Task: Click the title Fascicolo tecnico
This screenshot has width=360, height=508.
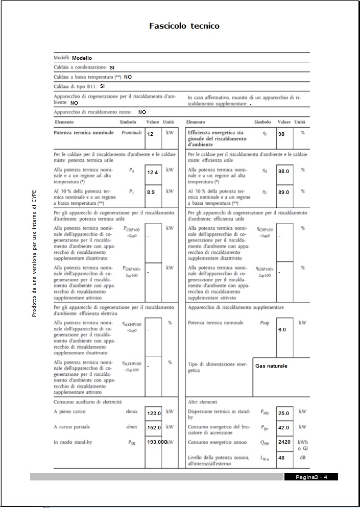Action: (184, 26)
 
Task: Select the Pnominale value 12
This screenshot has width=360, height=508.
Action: (150, 134)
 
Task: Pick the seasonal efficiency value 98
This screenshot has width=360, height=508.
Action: (281, 134)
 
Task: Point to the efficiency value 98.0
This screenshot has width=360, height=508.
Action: (284, 172)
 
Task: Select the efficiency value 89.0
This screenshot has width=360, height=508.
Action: (284, 192)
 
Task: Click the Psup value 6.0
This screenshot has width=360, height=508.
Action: (282, 330)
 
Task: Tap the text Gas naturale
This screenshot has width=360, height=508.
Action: (271, 366)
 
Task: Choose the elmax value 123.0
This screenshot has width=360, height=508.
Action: (154, 414)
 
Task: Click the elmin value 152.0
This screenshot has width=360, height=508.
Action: (154, 428)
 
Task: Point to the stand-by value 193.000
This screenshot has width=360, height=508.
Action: (157, 442)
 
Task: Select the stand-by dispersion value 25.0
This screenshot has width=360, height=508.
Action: (284, 413)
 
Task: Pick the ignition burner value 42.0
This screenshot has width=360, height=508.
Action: (284, 428)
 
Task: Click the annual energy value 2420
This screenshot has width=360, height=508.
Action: (284, 442)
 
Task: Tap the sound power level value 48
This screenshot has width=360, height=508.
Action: (281, 458)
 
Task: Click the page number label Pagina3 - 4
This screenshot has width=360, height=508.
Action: (311, 477)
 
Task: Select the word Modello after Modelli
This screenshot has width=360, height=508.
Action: (82, 58)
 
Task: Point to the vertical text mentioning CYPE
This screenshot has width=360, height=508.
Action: (34, 250)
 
